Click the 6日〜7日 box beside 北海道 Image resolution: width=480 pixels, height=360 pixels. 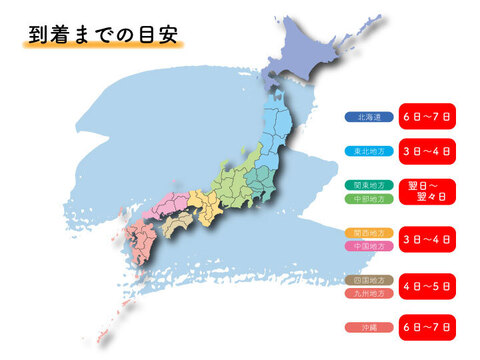(427, 116)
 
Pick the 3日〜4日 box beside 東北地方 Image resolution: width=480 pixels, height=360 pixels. (427, 153)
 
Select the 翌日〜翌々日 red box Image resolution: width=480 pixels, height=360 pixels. (427, 191)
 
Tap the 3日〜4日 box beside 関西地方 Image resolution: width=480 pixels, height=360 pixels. (427, 239)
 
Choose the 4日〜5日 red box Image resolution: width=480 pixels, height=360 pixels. (427, 286)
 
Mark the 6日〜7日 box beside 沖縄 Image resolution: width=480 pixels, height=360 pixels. (427, 327)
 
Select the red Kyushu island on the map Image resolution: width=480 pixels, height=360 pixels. (137, 240)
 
